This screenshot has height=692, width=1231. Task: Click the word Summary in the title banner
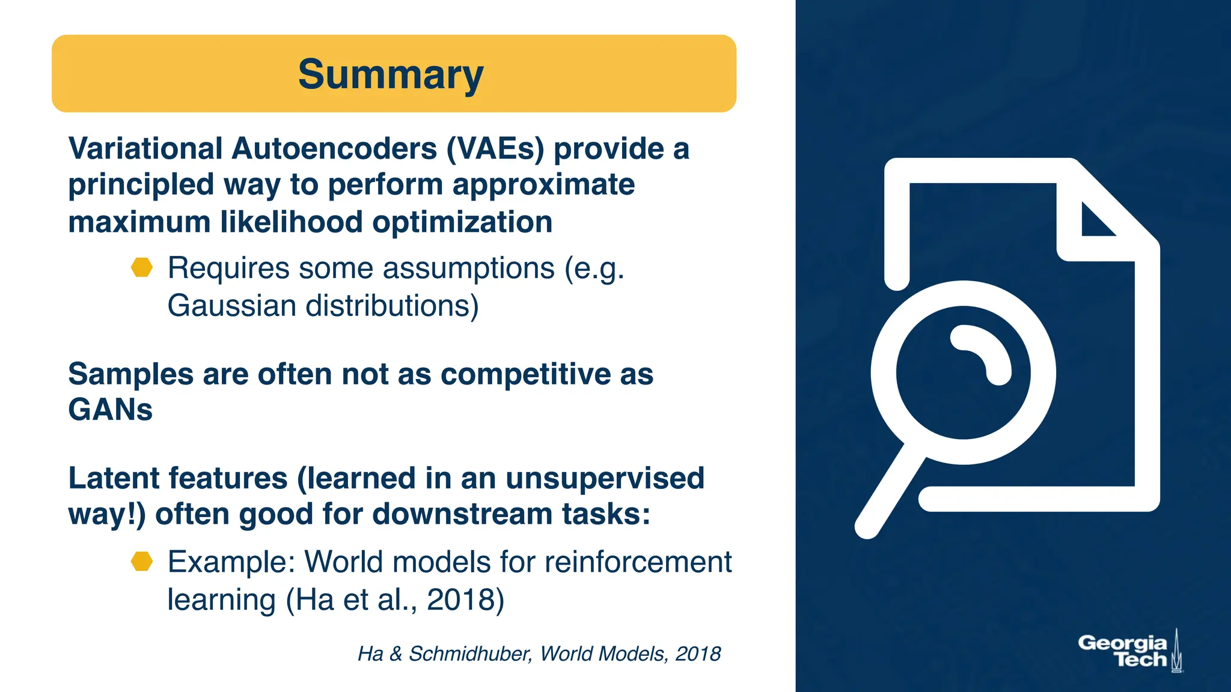pos(391,75)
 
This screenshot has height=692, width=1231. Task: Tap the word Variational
pos(145,148)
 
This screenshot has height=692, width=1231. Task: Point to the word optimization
pos(462,222)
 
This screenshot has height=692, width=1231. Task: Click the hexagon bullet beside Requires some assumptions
pos(142,267)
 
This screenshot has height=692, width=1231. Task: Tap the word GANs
pos(111,410)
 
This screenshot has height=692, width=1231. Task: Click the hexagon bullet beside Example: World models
pos(142,562)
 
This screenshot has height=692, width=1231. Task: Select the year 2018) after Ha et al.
pos(465,599)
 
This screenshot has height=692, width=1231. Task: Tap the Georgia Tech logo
pos(1129,651)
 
